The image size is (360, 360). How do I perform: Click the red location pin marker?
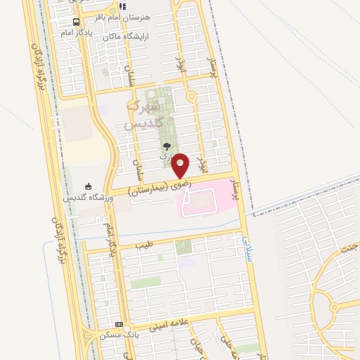pos(181,165)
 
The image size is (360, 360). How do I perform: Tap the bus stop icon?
pos(76,21)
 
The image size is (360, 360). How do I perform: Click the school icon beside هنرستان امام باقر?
pos(122,6)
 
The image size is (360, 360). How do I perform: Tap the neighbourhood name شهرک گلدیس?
pos(146,113)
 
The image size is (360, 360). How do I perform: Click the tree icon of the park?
pos(166,146)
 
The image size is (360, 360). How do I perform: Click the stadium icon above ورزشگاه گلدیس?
pos(88,186)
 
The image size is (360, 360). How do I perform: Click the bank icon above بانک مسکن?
pos(119,325)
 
